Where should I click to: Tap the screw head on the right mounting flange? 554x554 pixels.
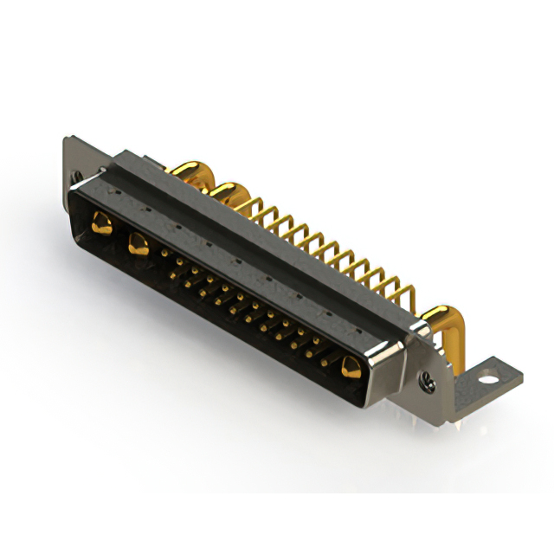click(x=427, y=377)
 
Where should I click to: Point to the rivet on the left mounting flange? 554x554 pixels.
click(x=79, y=176)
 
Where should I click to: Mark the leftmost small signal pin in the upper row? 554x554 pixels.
click(x=165, y=252)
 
